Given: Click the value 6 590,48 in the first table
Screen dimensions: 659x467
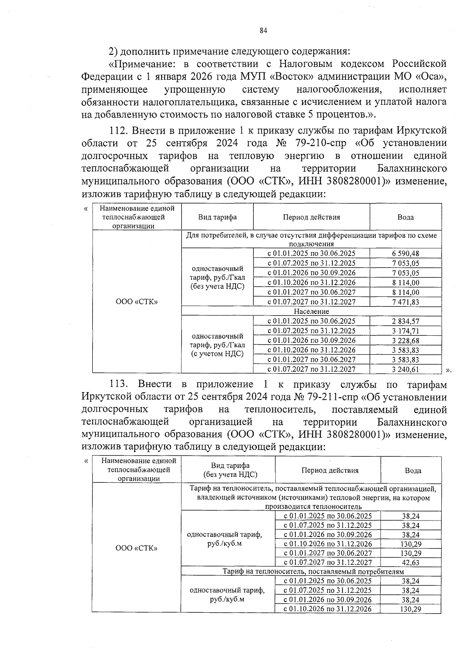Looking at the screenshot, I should tap(406, 254).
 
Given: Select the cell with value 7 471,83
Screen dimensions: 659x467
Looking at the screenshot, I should tap(406, 302).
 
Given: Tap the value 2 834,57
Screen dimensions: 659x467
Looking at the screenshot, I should tap(406, 321).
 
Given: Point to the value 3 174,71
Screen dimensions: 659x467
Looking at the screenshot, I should tap(406, 331).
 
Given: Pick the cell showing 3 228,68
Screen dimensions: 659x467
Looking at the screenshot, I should tap(406, 340).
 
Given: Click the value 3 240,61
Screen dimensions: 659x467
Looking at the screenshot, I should tap(406, 369).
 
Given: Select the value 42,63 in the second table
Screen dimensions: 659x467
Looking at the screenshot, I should tap(411, 563).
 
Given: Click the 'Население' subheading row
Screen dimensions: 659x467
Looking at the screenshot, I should tap(311, 312).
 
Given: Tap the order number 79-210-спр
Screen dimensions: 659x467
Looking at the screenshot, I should tap(321, 143).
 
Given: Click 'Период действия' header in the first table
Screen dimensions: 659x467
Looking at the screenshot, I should tap(311, 217).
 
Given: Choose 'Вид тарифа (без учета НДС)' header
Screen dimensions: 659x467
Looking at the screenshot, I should tap(230, 470).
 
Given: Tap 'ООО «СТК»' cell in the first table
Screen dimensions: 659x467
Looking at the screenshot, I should tap(137, 302).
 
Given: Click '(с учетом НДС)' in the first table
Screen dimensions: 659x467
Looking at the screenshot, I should tap(217, 354).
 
